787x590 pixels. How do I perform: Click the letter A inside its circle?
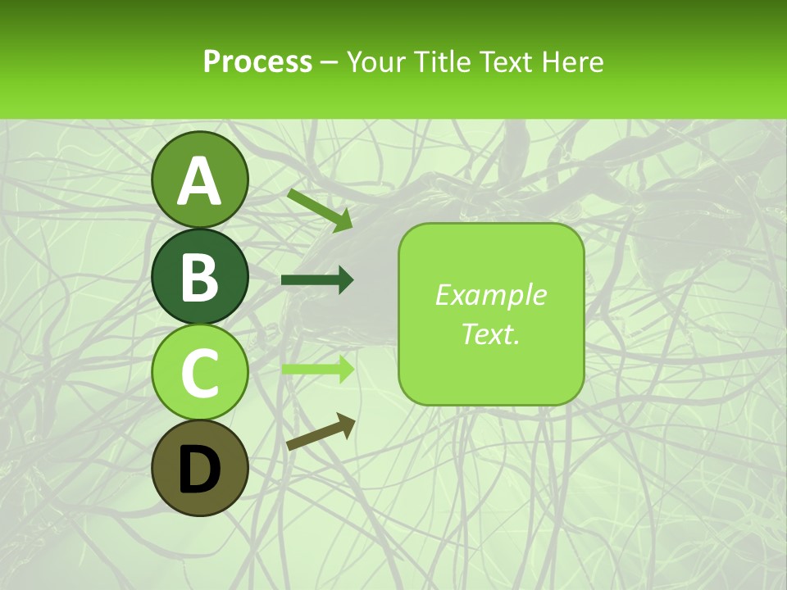tap(200, 182)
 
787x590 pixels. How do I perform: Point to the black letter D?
tap(200, 470)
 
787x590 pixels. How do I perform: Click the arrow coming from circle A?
tap(320, 208)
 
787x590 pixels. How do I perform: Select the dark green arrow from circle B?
tap(317, 280)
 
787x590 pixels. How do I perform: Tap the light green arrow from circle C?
tap(317, 369)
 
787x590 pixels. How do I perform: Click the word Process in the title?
tap(257, 61)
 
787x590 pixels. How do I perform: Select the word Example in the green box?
tap(490, 295)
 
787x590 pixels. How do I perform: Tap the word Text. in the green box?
tap(490, 334)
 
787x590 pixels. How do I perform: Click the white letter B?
tap(200, 278)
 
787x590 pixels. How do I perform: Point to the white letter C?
tap(200, 374)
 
